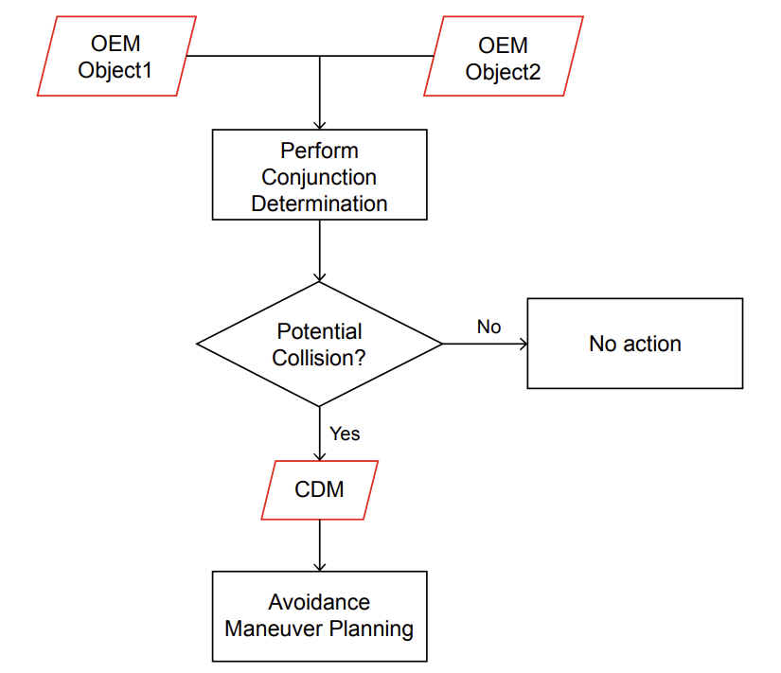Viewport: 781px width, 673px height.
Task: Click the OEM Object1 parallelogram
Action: click(x=116, y=56)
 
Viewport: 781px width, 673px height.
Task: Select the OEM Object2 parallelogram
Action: click(x=503, y=57)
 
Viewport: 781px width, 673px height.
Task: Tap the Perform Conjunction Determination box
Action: click(x=320, y=176)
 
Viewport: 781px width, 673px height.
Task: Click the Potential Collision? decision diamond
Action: click(x=320, y=345)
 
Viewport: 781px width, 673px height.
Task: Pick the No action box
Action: click(x=634, y=343)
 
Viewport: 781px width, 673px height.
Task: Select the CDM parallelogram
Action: click(x=320, y=489)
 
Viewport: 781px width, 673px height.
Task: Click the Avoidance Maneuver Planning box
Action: click(x=320, y=615)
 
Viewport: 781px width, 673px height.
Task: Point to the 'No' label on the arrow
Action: click(x=488, y=327)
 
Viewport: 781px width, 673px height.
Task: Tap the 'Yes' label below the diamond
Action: click(x=345, y=434)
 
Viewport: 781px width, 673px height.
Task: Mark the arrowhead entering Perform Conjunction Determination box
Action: click(x=320, y=124)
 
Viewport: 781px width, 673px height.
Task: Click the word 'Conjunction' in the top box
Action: click(x=320, y=177)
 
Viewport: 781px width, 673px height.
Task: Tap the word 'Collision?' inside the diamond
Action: click(x=320, y=359)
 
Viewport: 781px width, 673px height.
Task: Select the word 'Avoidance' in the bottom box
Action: click(x=320, y=602)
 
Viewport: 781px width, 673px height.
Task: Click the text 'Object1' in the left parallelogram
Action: click(x=116, y=71)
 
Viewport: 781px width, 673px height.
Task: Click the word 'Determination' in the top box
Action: click(x=320, y=203)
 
